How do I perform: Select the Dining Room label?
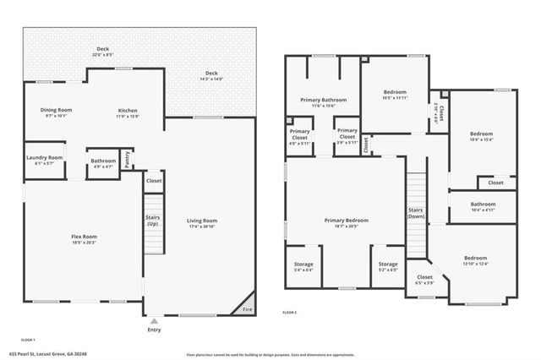point(57,110)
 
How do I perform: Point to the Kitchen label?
point(128,110)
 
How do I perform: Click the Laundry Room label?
point(43,157)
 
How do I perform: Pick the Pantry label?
point(128,160)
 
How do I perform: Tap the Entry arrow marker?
point(153,322)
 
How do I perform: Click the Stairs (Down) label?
point(415,213)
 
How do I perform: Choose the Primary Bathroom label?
point(323,100)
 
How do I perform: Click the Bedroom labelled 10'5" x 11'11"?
point(395,92)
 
